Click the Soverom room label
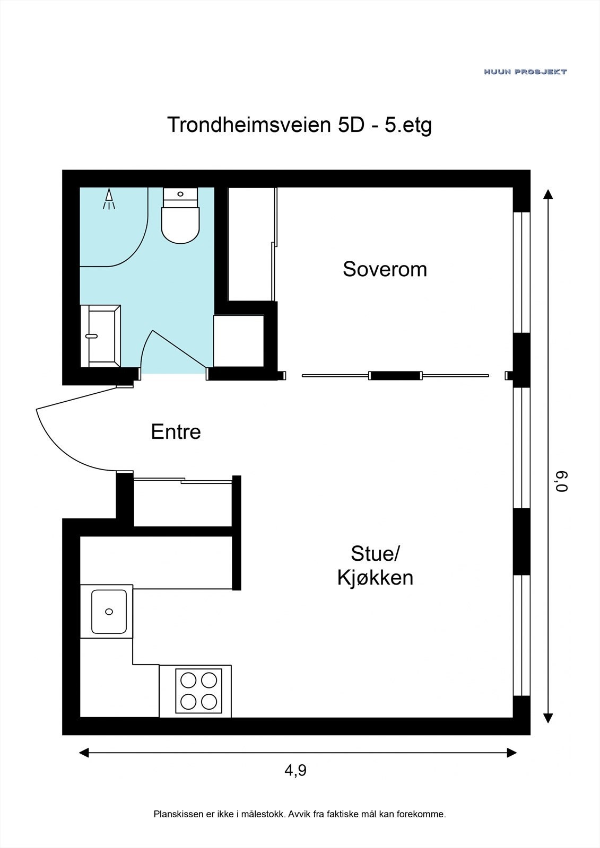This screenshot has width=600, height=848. (385, 269)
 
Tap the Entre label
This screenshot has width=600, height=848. (176, 431)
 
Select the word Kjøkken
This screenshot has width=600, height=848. (375, 578)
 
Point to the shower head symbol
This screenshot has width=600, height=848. (109, 199)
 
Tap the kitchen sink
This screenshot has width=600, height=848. (109, 612)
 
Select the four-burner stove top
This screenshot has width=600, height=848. (198, 691)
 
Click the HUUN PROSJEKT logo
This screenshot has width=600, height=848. (525, 72)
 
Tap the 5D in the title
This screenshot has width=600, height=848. (350, 126)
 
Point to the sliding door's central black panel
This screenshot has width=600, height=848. (395, 376)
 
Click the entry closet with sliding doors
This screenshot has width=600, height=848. (182, 503)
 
